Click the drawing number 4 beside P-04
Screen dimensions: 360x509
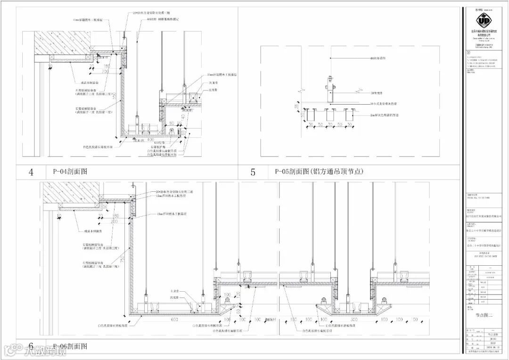(31, 172)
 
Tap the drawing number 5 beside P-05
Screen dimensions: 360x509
(253, 172)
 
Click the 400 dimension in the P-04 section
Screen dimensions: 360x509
(150, 140)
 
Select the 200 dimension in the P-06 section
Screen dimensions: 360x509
(114, 221)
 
